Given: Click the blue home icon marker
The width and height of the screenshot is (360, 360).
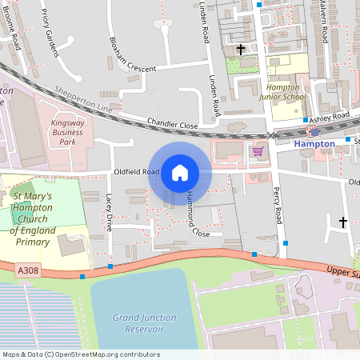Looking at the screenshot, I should click(180, 172).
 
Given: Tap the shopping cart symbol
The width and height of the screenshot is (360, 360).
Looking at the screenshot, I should click(258, 150).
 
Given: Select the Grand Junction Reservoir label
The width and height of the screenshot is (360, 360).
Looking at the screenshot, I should click(143, 322).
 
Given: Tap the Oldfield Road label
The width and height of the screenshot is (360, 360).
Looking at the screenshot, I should click(132, 170).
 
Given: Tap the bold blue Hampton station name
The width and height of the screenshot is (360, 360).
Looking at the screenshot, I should click(314, 144).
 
